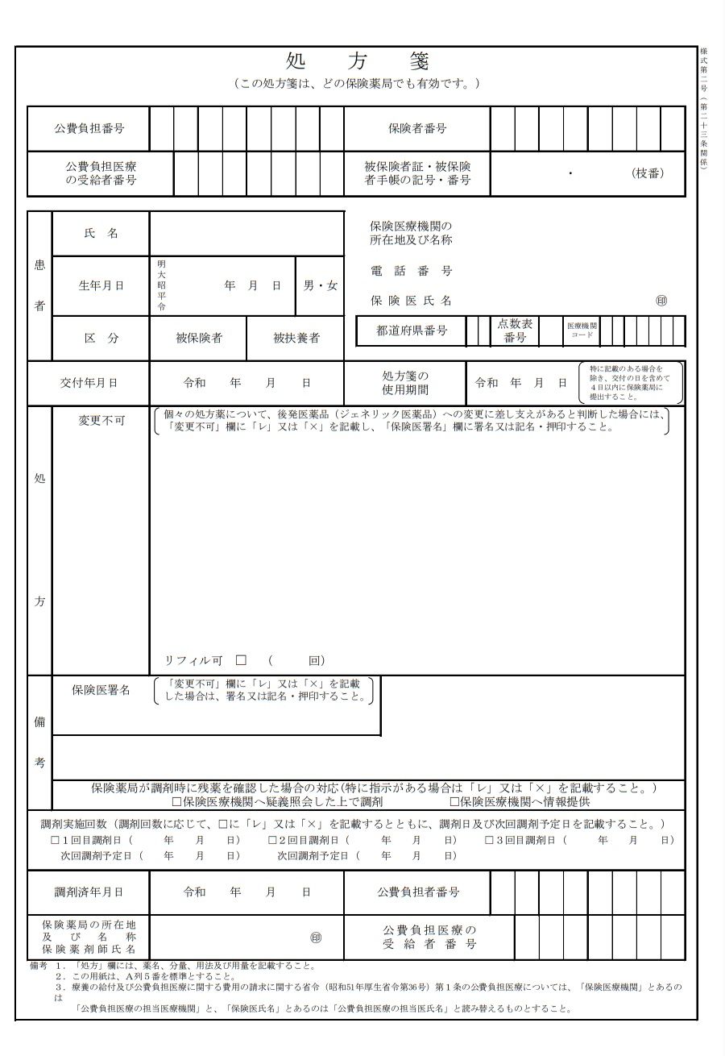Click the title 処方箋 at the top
(358, 61)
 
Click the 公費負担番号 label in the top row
(89, 128)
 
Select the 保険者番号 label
(417, 128)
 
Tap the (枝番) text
(648, 173)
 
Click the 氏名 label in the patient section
(101, 233)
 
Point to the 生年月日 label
(101, 285)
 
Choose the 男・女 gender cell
(320, 285)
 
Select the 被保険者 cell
(199, 338)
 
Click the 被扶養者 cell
(296, 338)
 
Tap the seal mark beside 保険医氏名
(661, 301)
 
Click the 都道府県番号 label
(412, 331)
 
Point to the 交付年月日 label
(89, 383)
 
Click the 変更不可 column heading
(101, 421)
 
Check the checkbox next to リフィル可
(241, 660)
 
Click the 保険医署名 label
(101, 690)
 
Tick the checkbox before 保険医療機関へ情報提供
(454, 802)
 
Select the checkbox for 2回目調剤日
(272, 840)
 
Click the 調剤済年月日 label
(89, 892)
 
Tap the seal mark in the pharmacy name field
(316, 938)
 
